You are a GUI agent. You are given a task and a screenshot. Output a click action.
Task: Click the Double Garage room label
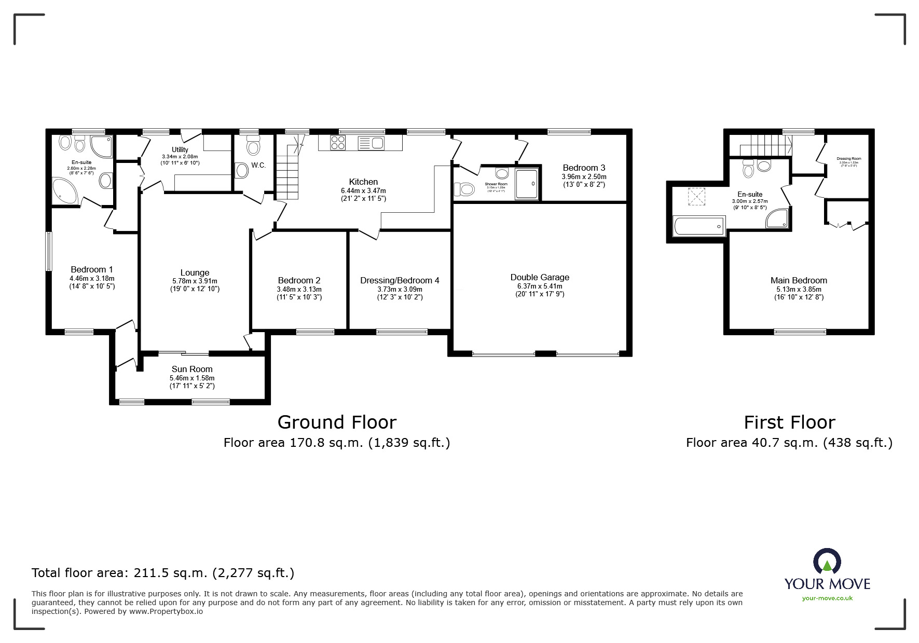pyautogui.click(x=540, y=277)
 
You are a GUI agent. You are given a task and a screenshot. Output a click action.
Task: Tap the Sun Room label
pyautogui.click(x=192, y=369)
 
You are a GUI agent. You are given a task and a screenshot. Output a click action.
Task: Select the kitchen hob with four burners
pyautogui.click(x=338, y=142)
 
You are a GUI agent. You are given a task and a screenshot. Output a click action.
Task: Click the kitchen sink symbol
pyautogui.click(x=371, y=142)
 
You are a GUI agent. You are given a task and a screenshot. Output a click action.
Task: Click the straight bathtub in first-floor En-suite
pyautogui.click(x=699, y=226)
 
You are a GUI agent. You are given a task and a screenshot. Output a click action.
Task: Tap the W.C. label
pyautogui.click(x=258, y=165)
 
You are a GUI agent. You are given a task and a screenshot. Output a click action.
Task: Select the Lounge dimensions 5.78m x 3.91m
pyautogui.click(x=195, y=281)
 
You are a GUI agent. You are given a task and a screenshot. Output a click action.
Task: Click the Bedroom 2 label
pyautogui.click(x=299, y=280)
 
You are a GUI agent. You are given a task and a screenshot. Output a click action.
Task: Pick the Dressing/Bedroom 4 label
pyautogui.click(x=400, y=280)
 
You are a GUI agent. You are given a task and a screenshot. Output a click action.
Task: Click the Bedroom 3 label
pyautogui.click(x=584, y=168)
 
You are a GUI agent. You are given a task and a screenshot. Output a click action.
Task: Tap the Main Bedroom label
pyautogui.click(x=799, y=280)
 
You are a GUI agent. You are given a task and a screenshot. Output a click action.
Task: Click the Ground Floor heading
pyautogui.click(x=337, y=422)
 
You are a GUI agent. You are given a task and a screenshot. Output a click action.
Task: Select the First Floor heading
pyautogui.click(x=789, y=422)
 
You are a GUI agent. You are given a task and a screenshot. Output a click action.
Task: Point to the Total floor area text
pyautogui.click(x=163, y=573)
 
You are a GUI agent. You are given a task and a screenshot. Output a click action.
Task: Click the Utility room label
pyautogui.click(x=180, y=149)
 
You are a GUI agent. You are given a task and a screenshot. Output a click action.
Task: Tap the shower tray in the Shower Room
pyautogui.click(x=528, y=183)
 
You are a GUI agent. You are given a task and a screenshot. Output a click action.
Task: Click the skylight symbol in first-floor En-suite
pyautogui.click(x=694, y=196)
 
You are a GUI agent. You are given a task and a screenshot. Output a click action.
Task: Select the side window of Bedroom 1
pyautogui.click(x=49, y=251)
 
